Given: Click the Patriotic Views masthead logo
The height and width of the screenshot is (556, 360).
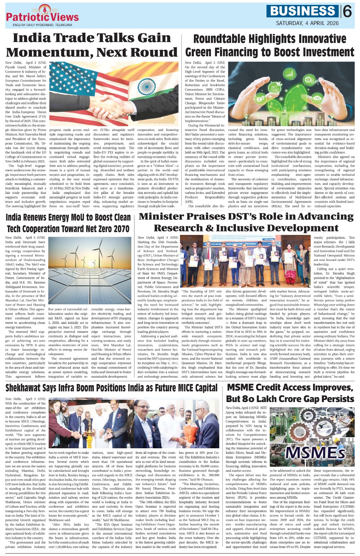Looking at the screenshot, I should point(42,15).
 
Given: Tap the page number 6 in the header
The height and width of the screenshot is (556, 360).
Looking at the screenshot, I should point(347,12).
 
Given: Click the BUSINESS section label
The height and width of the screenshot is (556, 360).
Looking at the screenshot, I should point(303,11).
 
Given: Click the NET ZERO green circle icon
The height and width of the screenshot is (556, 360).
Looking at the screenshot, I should point(275,88).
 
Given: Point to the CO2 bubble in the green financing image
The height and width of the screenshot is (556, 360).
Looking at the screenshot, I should point(317,98).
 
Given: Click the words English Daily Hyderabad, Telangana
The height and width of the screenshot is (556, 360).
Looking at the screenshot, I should point(42,25).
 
